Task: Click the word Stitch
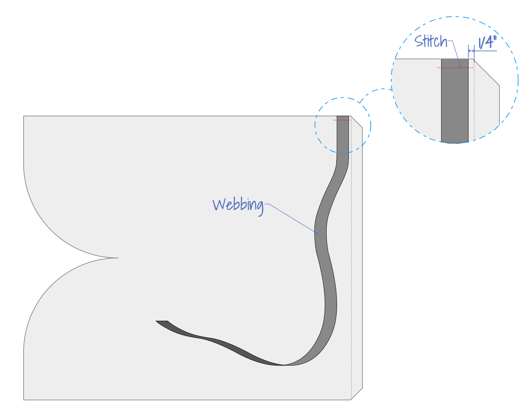tap(430, 41)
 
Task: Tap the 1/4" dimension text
tap(487, 42)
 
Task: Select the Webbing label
tap(238, 205)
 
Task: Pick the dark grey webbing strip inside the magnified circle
tap(455, 105)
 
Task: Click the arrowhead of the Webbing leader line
tap(318, 234)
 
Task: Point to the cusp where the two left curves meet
tap(118, 258)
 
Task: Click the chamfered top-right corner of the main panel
tap(357, 122)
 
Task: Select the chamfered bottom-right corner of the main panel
tap(357, 394)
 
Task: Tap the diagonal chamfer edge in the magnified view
tap(486, 72)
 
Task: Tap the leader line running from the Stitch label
tap(456, 54)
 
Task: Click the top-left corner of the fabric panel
tap(24, 116)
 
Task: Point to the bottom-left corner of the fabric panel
tap(24, 399)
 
